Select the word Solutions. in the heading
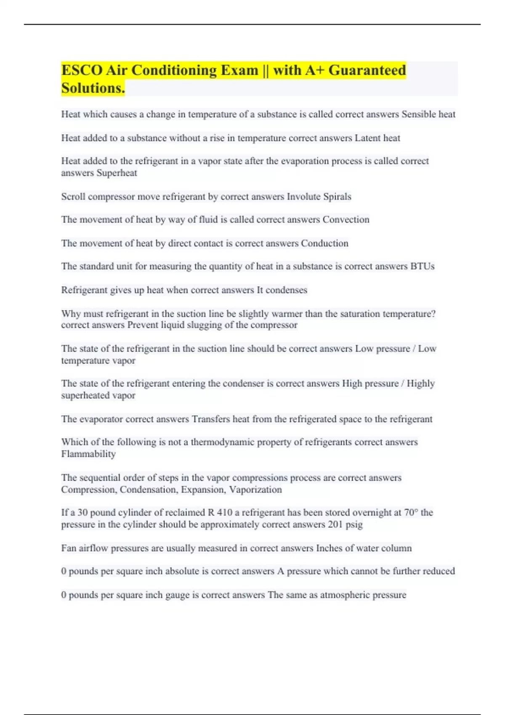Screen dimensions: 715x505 (93, 88)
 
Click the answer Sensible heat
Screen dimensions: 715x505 (428, 114)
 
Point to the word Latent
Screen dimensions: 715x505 (367, 138)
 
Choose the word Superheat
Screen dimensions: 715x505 (117, 173)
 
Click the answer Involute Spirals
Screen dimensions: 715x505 (319, 196)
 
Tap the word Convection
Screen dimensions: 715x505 (346, 220)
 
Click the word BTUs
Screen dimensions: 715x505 (422, 266)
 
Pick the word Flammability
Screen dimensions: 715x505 (88, 454)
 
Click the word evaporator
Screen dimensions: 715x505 (101, 419)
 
